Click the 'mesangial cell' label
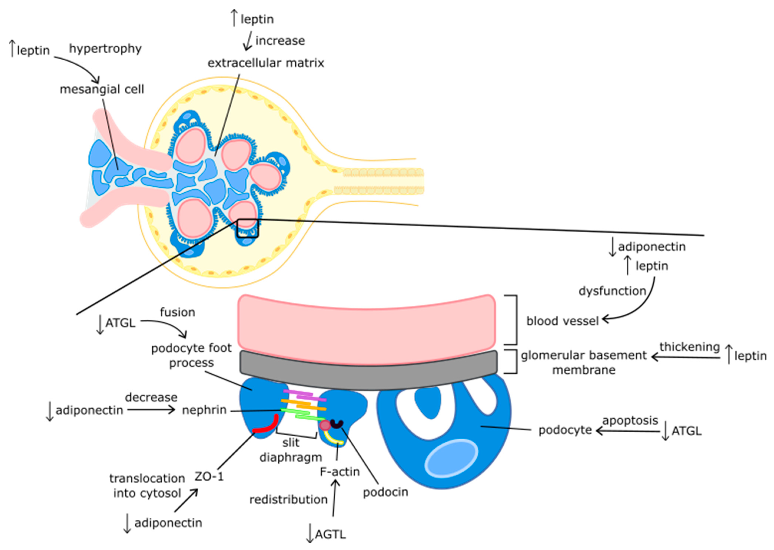102,89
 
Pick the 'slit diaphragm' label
291,450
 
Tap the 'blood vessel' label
562,321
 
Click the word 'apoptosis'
630,421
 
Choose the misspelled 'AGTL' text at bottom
330,534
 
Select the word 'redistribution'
288,500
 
